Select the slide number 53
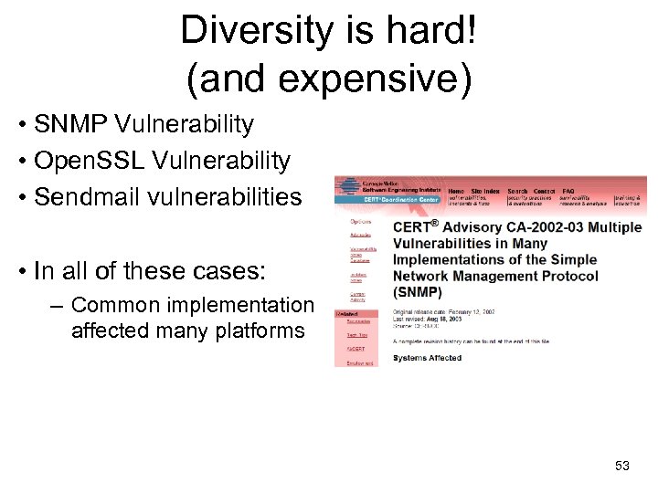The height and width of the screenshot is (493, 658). pyautogui.click(x=622, y=467)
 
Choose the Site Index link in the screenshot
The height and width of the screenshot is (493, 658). pyautogui.click(x=485, y=191)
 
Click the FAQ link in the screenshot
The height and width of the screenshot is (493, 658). pyautogui.click(x=568, y=191)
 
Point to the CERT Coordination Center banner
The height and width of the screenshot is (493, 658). pyautogui.click(x=400, y=199)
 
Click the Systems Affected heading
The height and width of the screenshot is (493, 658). pyautogui.click(x=427, y=358)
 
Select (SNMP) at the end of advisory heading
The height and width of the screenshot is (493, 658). pyautogui.click(x=418, y=292)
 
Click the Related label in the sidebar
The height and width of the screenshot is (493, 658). pyautogui.click(x=348, y=313)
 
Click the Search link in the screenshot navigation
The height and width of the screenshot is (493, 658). pyautogui.click(x=517, y=191)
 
